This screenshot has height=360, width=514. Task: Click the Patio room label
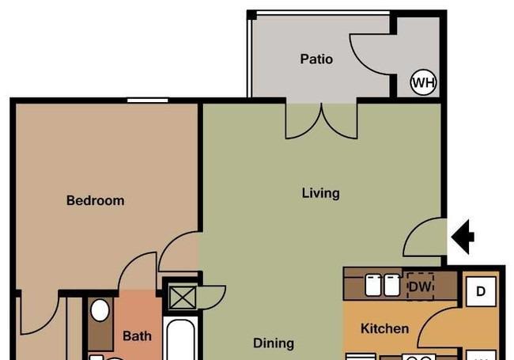point(316,59)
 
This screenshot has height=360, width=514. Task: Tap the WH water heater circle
point(424,82)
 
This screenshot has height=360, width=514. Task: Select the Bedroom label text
point(96,200)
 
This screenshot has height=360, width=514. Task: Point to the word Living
point(320,193)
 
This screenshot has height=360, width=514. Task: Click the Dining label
point(274,343)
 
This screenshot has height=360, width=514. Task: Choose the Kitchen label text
point(384,328)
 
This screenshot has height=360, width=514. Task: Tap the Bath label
point(137,336)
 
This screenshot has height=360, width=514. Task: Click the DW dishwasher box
point(420,287)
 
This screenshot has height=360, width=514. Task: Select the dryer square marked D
point(481,291)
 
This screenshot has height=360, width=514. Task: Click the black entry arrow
point(463,237)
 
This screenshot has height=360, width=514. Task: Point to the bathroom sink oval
point(100,310)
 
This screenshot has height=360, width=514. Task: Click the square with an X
point(182,297)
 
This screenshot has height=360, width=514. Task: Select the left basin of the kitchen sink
point(373,286)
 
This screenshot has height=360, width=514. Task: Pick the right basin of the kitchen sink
point(391,286)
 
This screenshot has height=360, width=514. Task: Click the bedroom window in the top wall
point(148,100)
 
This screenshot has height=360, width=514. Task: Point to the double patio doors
point(321,121)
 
